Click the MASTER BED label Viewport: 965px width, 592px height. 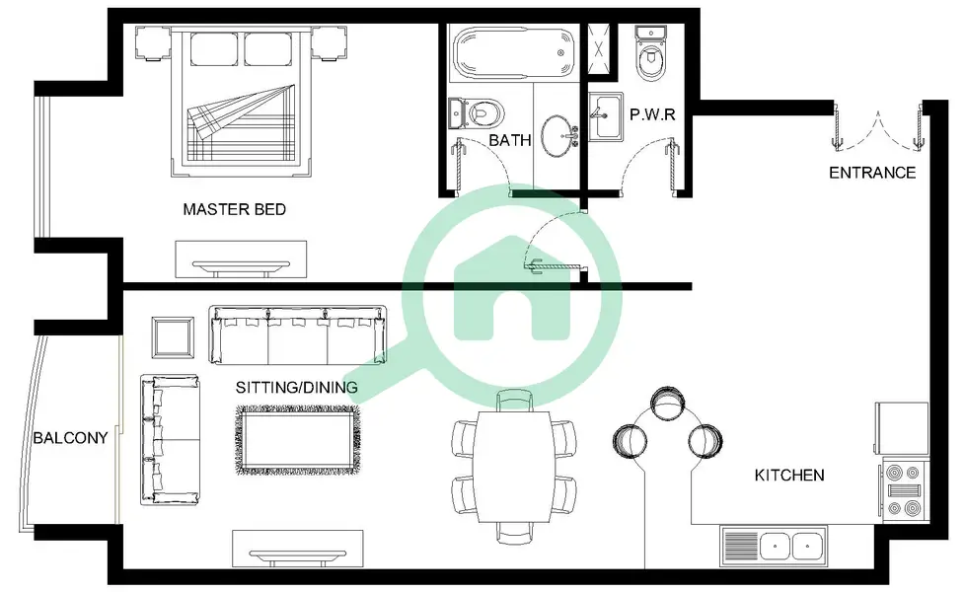tap(235, 209)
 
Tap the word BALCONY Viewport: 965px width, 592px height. tap(70, 437)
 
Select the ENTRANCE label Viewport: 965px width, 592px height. tap(872, 173)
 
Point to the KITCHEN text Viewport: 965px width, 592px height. tap(789, 475)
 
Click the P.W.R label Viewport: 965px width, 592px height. tap(652, 114)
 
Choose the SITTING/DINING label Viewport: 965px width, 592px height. tap(297, 387)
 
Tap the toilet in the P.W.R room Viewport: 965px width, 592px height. tap(650, 54)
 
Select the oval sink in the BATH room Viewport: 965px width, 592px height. tap(558, 135)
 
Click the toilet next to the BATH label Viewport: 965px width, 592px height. tap(477, 113)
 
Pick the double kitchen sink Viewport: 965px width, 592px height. tap(774, 546)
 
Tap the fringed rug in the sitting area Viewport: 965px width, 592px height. tap(298, 440)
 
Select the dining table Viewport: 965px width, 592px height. tap(514, 467)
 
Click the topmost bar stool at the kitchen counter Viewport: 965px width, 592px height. tap(667, 404)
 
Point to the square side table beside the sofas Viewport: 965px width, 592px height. tap(173, 337)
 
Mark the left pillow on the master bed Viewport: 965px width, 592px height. tap(214, 48)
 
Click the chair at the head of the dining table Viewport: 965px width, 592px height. tap(514, 400)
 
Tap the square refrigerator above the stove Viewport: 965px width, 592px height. tap(902, 428)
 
